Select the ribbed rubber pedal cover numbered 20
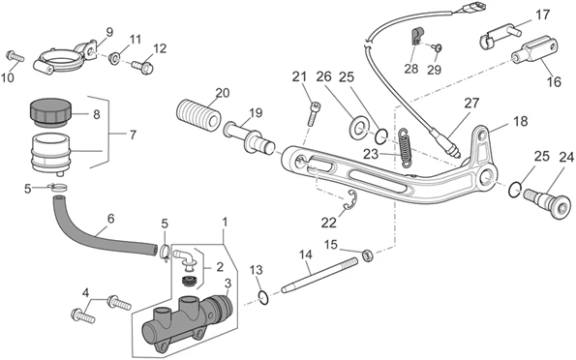(198, 114)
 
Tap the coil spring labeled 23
(405, 148)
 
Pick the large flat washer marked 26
(356, 128)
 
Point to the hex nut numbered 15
(368, 255)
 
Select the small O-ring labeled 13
(263, 297)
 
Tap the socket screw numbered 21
(313, 114)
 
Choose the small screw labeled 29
(438, 47)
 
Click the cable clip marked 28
(416, 36)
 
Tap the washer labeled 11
(114, 58)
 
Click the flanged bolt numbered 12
(142, 67)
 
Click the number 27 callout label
(471, 104)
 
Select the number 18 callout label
(521, 121)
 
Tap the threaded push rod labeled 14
(319, 276)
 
